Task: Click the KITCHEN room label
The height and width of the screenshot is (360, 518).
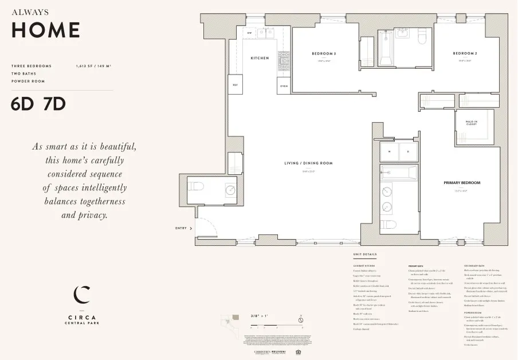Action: click(260, 58)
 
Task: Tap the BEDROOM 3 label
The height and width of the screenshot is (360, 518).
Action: click(324, 54)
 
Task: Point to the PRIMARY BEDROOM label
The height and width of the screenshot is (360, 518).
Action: click(461, 183)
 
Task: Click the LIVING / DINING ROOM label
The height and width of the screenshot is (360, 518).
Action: click(308, 163)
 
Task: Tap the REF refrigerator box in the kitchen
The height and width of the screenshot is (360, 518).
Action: click(235, 85)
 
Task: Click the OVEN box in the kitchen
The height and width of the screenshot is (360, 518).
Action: click(284, 86)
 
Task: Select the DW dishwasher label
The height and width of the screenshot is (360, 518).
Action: click(249, 33)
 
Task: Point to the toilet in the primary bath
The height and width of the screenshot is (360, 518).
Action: click(388, 223)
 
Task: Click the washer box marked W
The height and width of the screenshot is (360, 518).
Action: click(390, 152)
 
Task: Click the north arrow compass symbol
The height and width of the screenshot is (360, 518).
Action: click(300, 319)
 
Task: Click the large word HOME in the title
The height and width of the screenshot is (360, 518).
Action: click(46, 30)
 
